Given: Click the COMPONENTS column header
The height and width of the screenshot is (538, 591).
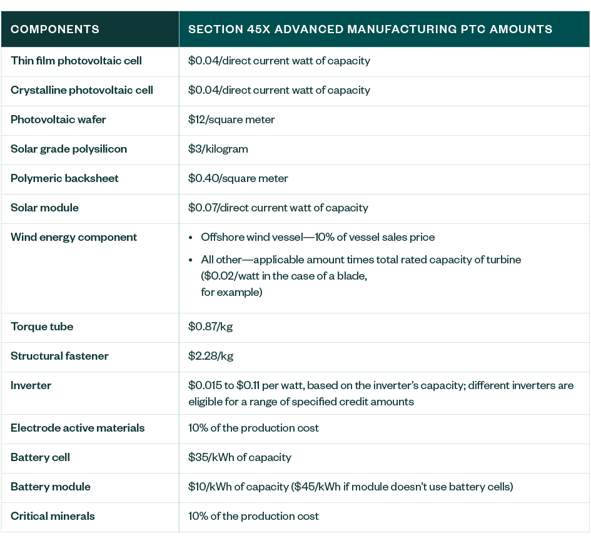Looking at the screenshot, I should point(55,29).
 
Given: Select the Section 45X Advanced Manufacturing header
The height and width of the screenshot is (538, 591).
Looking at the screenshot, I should point(370,29).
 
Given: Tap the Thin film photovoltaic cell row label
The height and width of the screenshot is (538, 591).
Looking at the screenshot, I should point(76,61).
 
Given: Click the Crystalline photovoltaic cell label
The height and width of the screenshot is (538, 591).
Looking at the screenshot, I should point(82,90).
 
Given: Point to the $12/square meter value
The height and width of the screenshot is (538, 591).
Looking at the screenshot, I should point(231,119).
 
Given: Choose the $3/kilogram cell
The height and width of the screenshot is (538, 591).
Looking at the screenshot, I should point(218,149).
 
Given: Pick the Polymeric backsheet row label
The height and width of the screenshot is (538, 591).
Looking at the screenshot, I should point(64,178).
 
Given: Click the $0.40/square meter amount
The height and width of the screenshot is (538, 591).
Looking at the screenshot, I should point(238,178).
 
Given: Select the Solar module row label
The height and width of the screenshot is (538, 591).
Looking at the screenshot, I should point(45,208).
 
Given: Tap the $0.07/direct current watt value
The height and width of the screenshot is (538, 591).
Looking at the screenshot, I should point(279,208).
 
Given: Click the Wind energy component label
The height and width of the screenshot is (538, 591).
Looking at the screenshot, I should point(74,237).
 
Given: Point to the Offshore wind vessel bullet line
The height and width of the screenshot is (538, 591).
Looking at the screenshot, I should point(318,237).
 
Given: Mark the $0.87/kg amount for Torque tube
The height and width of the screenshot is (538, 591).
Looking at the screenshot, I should point(211,327).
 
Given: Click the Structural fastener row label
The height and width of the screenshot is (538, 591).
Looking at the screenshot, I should point(59,356).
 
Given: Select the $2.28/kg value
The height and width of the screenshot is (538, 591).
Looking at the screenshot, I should point(211,356).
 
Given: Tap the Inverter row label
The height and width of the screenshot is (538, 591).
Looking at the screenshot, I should point(31,385).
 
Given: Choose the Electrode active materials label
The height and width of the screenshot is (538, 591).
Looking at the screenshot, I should point(78,428).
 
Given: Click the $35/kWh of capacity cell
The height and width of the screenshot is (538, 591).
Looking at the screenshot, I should point(240,457).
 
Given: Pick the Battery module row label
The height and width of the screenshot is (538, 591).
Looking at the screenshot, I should point(51,487).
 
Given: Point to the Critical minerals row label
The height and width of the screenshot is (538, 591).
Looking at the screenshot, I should point(53,516).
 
